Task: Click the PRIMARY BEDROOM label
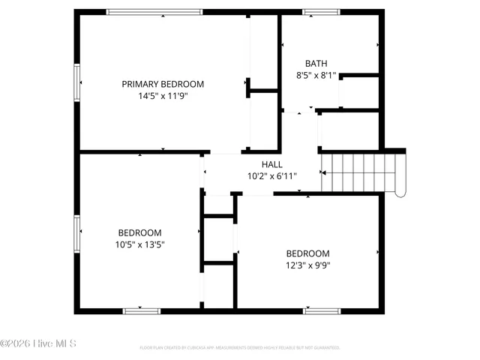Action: (163, 84)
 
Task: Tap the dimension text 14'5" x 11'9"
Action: (163, 95)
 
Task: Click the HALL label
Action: (272, 164)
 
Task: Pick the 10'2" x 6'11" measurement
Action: (272, 176)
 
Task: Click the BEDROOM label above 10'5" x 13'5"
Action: (139, 232)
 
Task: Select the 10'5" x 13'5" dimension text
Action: (139, 244)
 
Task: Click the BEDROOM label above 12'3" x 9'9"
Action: (307, 253)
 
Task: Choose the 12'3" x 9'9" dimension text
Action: (307, 265)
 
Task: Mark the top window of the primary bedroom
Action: (154, 11)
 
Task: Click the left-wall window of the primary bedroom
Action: (76, 81)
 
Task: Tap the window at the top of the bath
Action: (321, 11)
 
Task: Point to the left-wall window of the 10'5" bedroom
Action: (76, 233)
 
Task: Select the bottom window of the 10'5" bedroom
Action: (142, 310)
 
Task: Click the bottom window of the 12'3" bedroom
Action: (322, 310)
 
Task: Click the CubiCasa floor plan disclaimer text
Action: (240, 348)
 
